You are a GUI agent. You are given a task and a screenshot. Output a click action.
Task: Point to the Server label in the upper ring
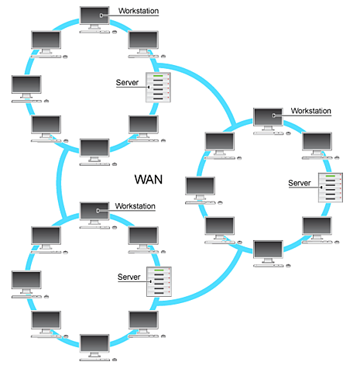(127, 82)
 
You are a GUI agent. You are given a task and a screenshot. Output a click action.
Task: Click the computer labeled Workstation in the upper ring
(95, 17)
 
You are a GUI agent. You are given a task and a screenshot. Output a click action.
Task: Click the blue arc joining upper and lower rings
(60, 179)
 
